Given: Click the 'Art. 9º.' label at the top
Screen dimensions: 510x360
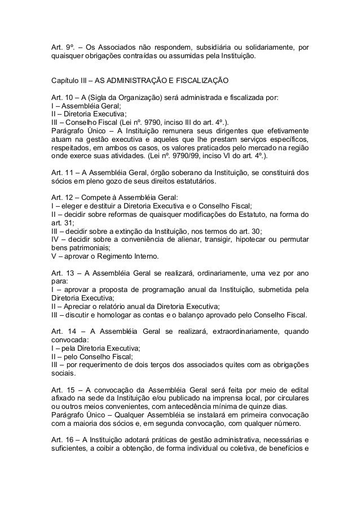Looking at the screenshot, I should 60,47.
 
